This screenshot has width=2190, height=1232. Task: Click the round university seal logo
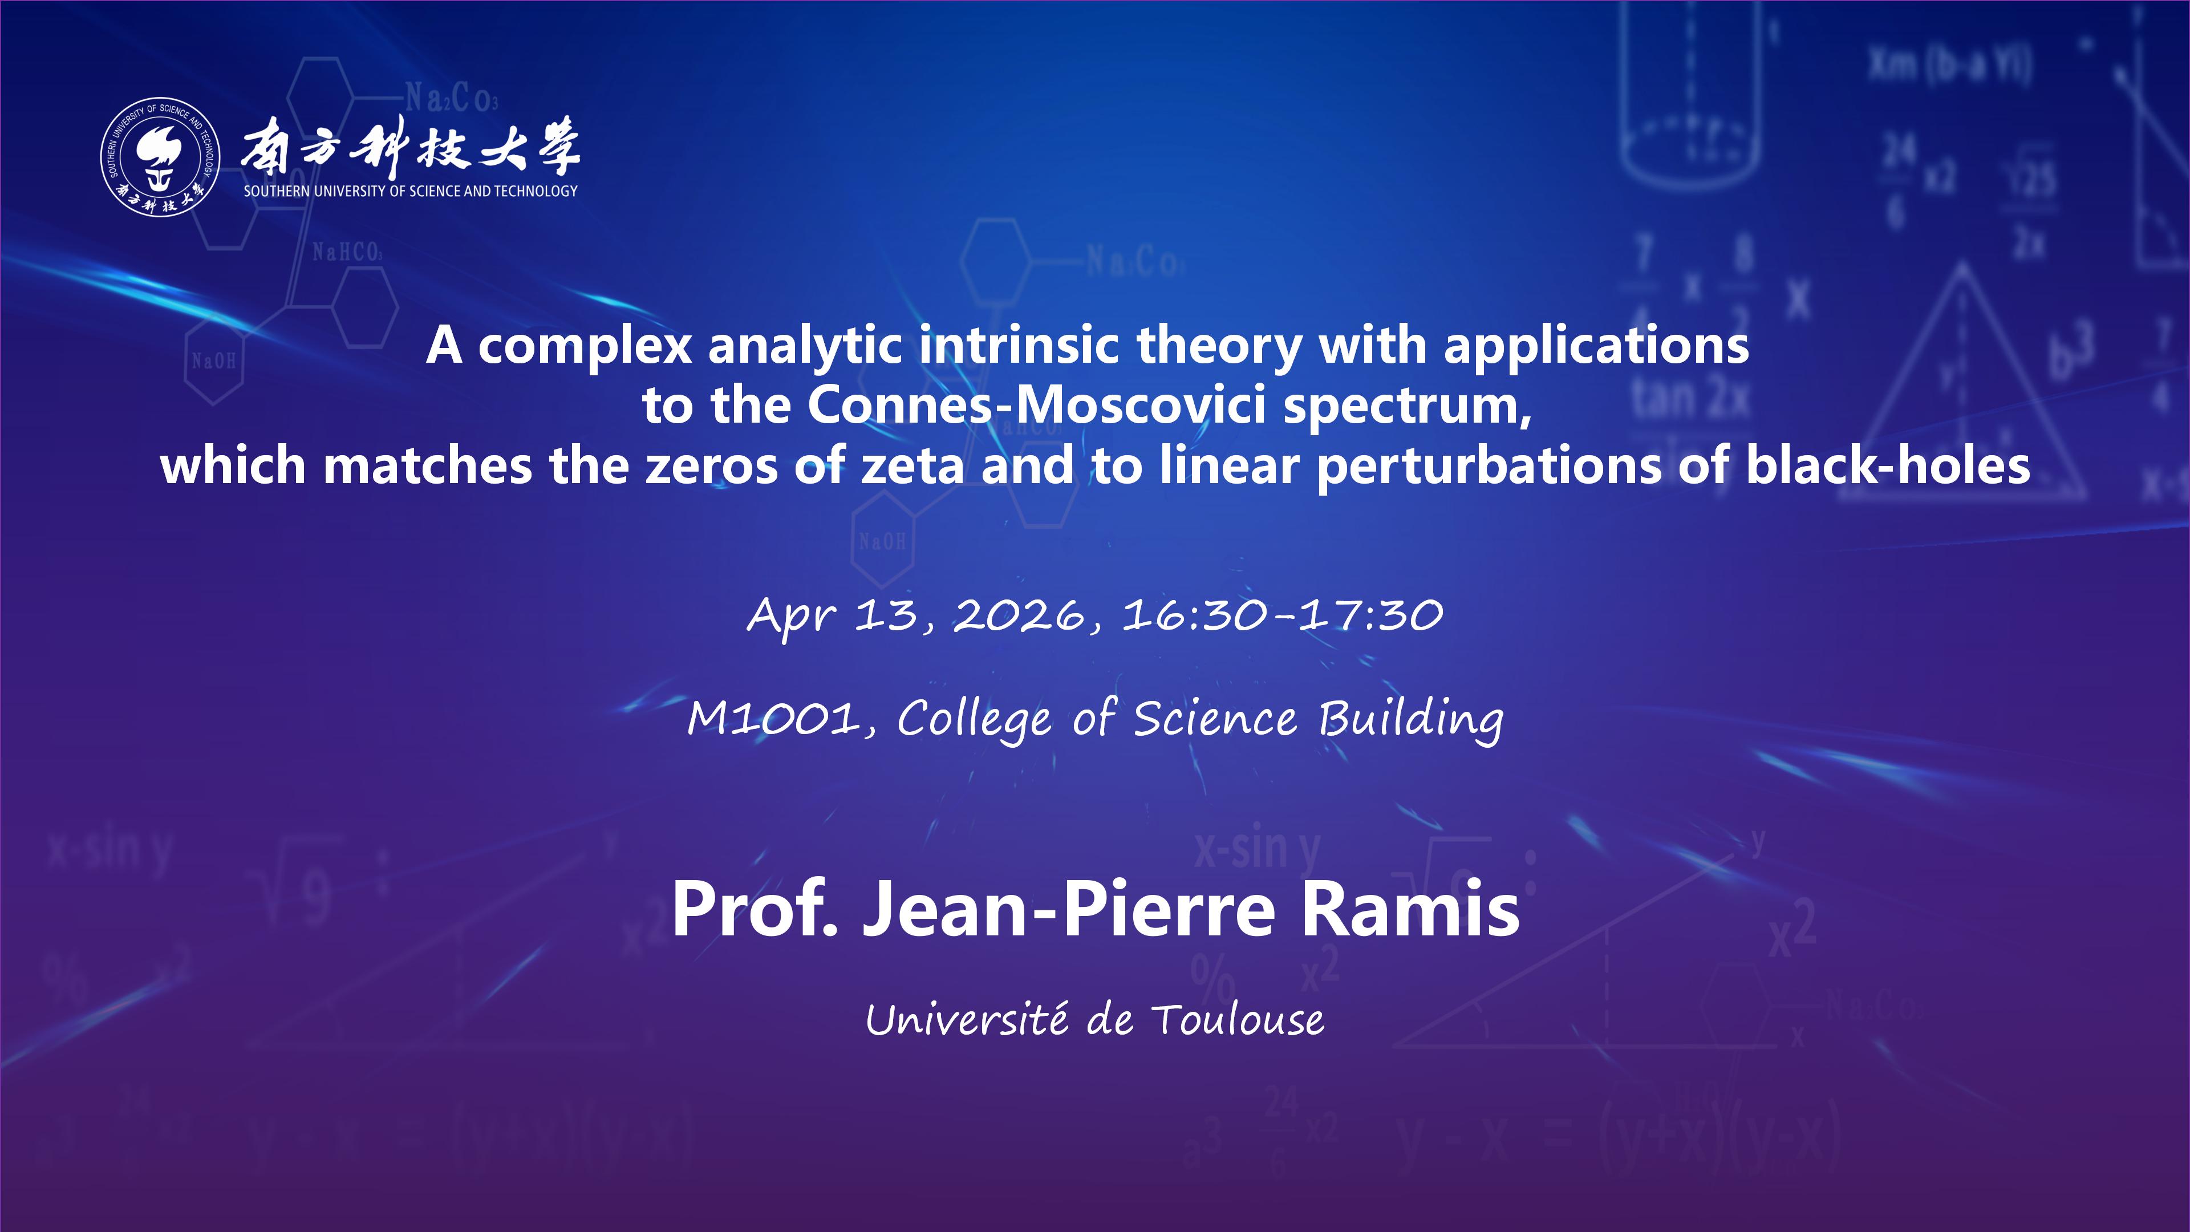click(161, 156)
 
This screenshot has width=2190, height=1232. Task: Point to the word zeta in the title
click(912, 466)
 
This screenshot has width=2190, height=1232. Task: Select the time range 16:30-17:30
click(1283, 615)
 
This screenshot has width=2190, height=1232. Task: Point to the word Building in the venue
click(1410, 719)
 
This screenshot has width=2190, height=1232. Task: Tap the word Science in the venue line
click(1216, 719)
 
